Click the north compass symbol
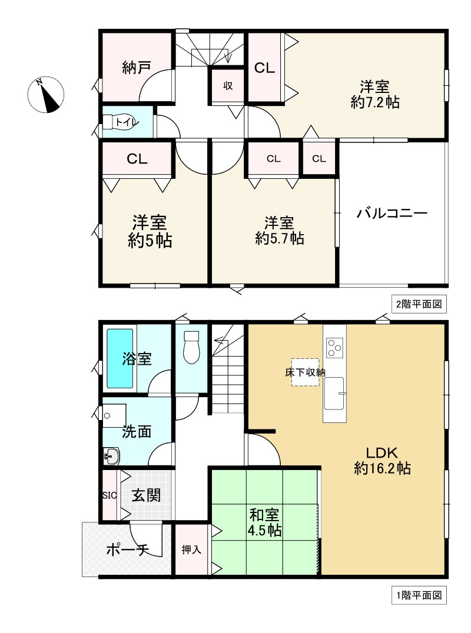pyautogui.click(x=46, y=95)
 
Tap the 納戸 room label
pyautogui.click(x=137, y=68)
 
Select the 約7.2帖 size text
pyautogui.click(x=375, y=102)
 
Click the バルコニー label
pyautogui.click(x=392, y=213)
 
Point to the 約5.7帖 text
pyautogui.click(x=280, y=238)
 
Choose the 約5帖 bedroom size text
pyautogui.click(x=150, y=241)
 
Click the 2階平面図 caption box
pyautogui.click(x=419, y=304)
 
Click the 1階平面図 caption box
pyautogui.click(x=419, y=595)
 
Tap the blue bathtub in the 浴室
pyautogui.click(x=120, y=358)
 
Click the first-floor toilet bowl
pyautogui.click(x=191, y=347)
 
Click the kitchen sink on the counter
pyautogui.click(x=334, y=394)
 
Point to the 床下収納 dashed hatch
pyautogui.click(x=306, y=372)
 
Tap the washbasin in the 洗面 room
pyautogui.click(x=111, y=457)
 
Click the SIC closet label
pyautogui.click(x=110, y=495)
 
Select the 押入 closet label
pyautogui.click(x=191, y=549)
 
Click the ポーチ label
pyautogui.click(x=128, y=550)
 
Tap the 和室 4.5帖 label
pyautogui.click(x=264, y=522)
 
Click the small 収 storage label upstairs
pyautogui.click(x=228, y=85)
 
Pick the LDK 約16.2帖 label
pyautogui.click(x=382, y=460)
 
